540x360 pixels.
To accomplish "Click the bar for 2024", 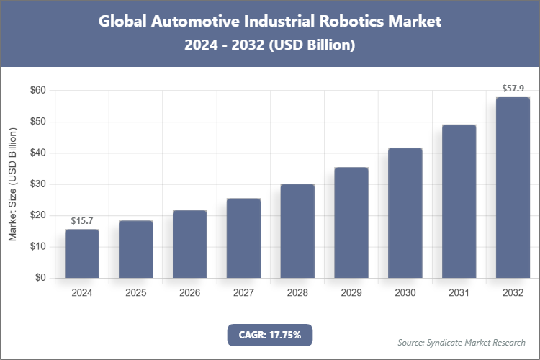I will pos(82,253).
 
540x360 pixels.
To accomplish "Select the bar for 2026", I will pos(189,244).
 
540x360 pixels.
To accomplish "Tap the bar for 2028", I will pos(297,231).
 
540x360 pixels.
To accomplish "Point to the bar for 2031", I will pos(459,201).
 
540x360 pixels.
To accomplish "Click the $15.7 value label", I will pos(82,220).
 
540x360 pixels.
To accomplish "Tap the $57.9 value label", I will pos(513,89).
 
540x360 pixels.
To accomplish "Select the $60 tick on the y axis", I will pos(37,91).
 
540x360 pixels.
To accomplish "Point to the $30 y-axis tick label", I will pos(37,184).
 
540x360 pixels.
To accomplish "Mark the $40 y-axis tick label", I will pos(37,153).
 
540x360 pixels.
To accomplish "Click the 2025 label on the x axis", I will pos(136,294).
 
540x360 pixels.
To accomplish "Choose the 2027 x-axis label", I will pos(243,294).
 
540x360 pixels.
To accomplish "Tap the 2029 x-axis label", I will pos(351,294).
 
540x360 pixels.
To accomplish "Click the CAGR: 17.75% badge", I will pos(270,335).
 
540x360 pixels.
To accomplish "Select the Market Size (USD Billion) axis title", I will pos(12,184).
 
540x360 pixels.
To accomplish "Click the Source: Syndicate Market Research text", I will pos(462,342).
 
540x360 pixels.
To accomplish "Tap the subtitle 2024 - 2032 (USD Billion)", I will pos(270,45).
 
